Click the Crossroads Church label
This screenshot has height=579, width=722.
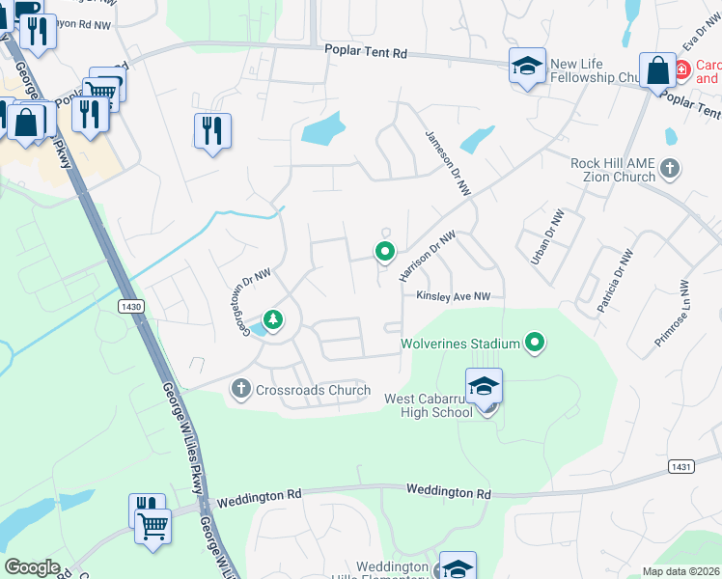coord(313,391)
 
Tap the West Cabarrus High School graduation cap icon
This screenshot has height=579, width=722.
coord(484,386)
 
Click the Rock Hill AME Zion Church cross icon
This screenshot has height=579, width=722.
coord(671,171)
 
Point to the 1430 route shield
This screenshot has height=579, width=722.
coord(132,306)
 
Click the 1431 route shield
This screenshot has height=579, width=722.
coord(681,467)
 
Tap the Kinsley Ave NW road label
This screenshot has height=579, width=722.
coord(454,297)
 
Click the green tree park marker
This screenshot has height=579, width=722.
coord(274,319)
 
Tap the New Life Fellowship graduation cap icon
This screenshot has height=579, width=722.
coord(527,67)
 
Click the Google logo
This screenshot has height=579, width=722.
coord(32,567)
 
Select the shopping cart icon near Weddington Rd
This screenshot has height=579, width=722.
coord(153,528)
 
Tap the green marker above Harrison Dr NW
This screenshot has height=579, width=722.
coord(385,253)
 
